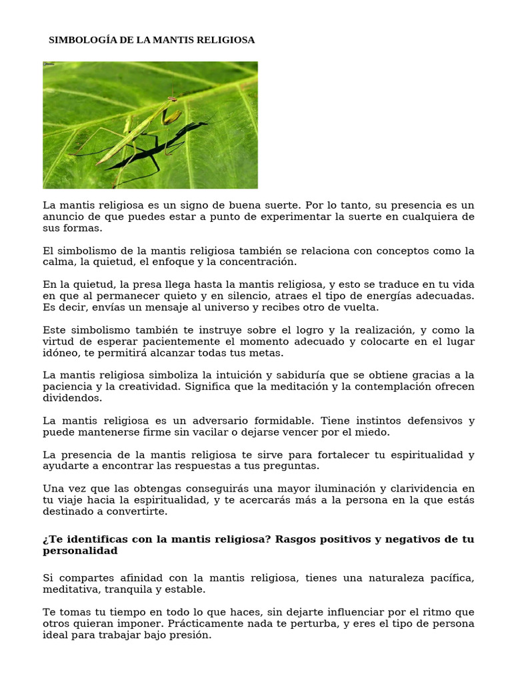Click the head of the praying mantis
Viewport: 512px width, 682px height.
coord(173,99)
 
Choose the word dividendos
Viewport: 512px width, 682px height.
coord(73,398)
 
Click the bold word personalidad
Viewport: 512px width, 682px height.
coord(80,551)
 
